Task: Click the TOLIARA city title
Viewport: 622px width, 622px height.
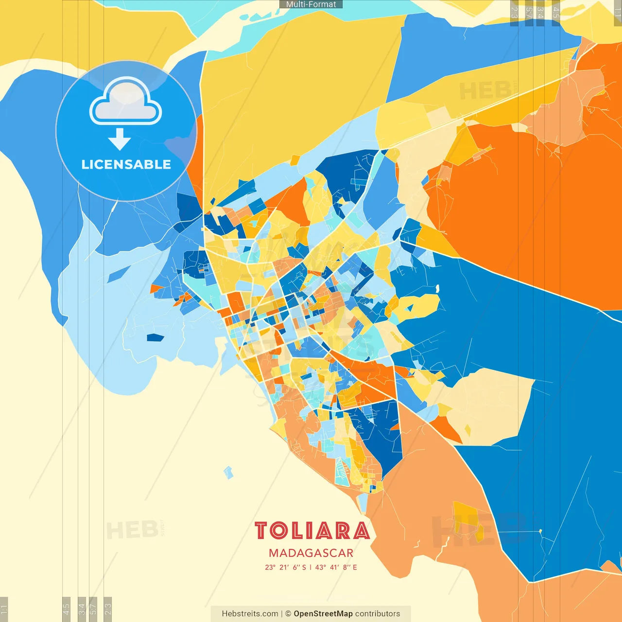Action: (312, 531)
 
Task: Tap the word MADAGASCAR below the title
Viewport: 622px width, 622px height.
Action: (311, 553)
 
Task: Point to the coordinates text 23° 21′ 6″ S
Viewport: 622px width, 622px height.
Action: (286, 567)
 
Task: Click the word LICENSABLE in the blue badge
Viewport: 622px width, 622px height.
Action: (126, 165)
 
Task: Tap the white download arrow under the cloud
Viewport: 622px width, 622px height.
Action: (120, 139)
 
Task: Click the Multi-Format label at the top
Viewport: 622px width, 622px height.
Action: (311, 4)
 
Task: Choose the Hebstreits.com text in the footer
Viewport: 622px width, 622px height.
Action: (250, 614)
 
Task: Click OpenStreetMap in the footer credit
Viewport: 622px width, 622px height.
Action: (323, 614)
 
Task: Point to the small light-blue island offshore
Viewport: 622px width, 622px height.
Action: (228, 472)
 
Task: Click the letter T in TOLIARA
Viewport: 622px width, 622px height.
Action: (261, 531)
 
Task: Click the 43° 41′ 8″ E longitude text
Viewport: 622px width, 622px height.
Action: (336, 567)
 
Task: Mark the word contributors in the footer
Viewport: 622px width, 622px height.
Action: (378, 614)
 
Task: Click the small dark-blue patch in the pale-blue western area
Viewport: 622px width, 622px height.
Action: (155, 337)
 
